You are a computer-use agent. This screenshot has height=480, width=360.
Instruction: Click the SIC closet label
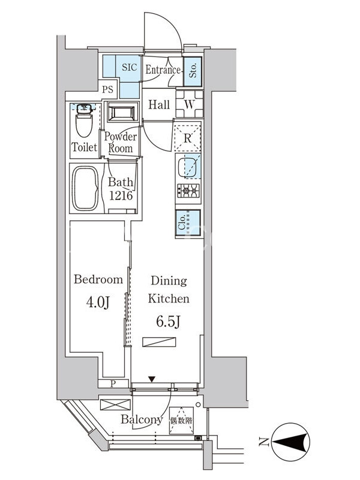tap(129, 67)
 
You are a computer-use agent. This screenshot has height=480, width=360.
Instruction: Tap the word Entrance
tap(163, 70)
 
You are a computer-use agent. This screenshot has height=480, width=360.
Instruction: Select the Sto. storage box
tap(193, 71)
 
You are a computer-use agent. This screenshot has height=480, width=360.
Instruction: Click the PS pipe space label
tap(107, 89)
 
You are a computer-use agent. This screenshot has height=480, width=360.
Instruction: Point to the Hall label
tap(159, 104)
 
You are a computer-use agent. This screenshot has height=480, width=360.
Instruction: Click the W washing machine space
tap(190, 104)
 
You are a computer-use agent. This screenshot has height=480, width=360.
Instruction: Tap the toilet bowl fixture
tap(84, 121)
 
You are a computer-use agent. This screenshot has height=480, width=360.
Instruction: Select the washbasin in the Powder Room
tap(122, 113)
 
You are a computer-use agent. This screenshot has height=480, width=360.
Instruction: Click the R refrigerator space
tap(187, 138)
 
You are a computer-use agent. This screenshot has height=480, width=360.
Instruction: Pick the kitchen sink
tap(187, 167)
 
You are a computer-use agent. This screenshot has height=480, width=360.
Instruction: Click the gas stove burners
tap(188, 191)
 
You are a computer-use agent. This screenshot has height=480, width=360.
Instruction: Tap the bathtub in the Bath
tap(85, 188)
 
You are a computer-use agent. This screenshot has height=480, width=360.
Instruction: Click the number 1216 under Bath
tap(121, 196)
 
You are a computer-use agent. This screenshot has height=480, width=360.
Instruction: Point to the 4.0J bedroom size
tap(98, 303)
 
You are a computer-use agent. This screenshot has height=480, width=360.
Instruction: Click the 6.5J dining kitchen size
tap(168, 322)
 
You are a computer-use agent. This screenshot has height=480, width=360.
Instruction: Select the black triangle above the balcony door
tap(152, 379)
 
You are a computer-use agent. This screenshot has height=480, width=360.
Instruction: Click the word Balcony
tap(142, 419)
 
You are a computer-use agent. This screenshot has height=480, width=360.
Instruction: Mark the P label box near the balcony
tap(113, 383)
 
